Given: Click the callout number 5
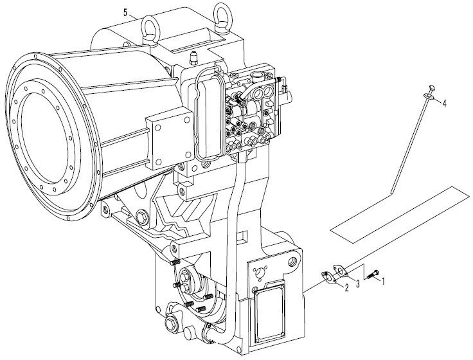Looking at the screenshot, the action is (125, 12).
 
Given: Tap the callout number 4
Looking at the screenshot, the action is (444, 104).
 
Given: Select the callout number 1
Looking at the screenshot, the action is (383, 281).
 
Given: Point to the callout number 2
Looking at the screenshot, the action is (346, 288).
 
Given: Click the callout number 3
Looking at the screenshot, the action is (358, 283).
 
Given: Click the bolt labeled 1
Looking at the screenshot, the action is (373, 274).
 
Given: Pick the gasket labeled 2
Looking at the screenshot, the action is (328, 278).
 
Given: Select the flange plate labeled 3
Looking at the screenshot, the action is (341, 271).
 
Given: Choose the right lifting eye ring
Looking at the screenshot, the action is (222, 19).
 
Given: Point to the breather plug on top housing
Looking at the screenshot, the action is (194, 59).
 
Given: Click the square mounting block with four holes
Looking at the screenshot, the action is (169, 143).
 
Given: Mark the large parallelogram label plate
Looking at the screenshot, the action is (400, 215).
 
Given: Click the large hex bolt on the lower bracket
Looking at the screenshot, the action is (141, 217).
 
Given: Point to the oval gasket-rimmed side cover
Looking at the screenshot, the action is (209, 113).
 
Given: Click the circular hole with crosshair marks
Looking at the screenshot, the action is (259, 273).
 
